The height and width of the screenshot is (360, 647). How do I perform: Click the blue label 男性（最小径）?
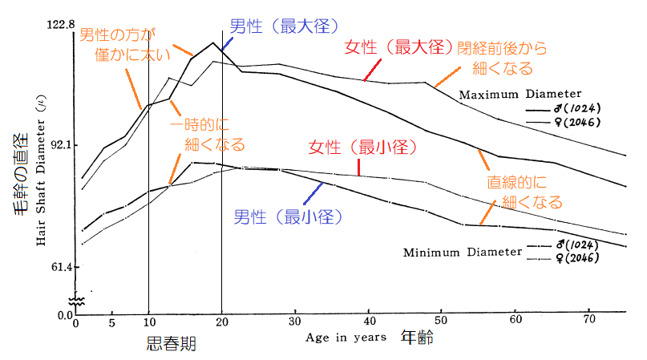288,216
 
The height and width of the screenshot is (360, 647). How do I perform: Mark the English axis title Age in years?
346,338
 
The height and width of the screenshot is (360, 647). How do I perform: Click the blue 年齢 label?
417,338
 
